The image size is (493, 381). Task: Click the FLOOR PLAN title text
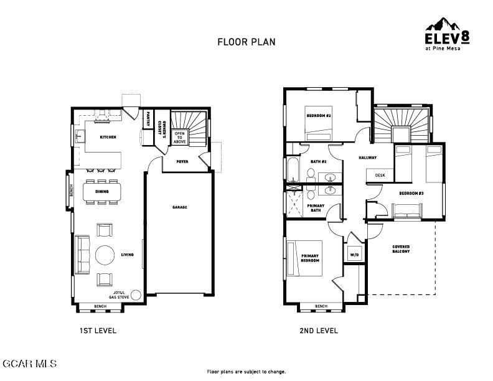246,42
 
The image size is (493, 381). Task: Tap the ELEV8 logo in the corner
446,35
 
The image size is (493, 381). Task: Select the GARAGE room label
180,207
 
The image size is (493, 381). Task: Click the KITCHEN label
108,137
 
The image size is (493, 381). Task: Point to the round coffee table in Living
104,255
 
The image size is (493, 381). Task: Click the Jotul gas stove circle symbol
136,295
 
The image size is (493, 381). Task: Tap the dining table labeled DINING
102,192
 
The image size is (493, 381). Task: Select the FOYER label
182,161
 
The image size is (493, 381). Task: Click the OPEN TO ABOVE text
180,138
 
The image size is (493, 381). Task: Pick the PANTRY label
148,118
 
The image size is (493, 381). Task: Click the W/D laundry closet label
354,255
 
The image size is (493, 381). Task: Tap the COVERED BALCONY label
401,250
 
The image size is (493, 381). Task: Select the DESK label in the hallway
379,176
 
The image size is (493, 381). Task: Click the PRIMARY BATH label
315,208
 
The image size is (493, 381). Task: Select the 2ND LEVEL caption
318,331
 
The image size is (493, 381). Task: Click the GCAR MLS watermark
29,363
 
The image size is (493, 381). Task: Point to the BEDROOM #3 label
411,194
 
